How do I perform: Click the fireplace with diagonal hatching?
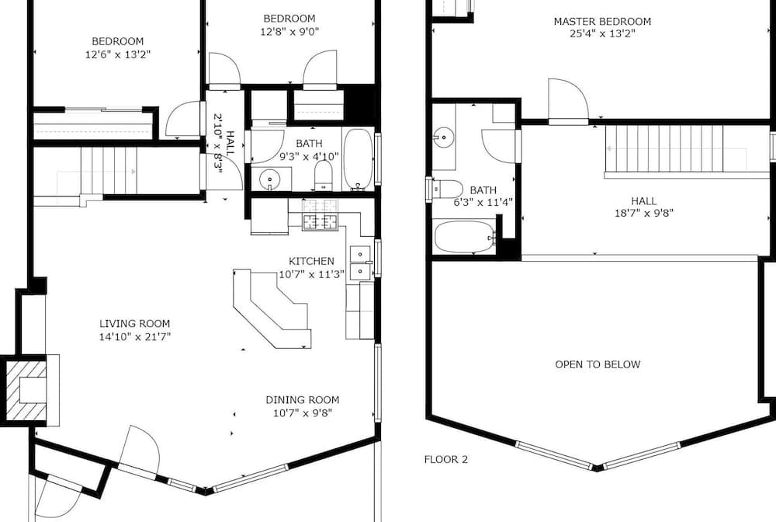tap(26, 390)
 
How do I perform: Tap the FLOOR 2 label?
tap(445, 460)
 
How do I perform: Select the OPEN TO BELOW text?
tap(598, 364)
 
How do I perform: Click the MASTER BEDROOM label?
tap(602, 21)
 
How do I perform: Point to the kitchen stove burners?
tap(320, 214)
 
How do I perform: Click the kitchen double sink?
tap(360, 263)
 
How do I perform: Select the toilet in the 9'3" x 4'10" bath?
tap(324, 176)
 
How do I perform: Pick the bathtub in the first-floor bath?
tap(359, 159)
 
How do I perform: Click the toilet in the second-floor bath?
tap(448, 189)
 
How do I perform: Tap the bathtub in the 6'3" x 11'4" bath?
tap(464, 237)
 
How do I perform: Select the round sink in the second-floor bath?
tap(444, 135)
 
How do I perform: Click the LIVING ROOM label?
tap(134, 324)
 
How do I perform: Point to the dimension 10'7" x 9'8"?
tap(303, 413)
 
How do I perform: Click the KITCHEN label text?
tap(311, 261)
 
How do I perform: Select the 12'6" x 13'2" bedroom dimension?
tap(118, 54)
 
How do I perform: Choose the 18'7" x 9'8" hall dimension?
tap(644, 214)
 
